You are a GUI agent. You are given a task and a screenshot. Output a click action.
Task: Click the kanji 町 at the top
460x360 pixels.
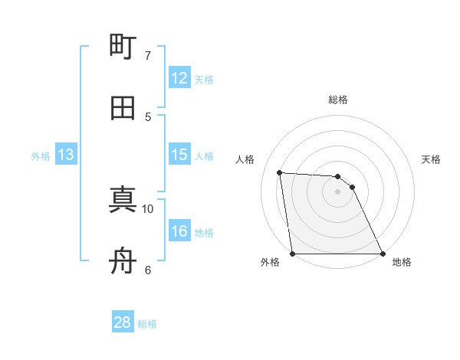tap(123, 47)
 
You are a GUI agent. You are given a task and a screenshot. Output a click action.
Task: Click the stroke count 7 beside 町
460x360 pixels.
tap(148, 56)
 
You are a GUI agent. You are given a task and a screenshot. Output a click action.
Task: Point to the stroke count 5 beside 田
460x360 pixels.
tap(148, 116)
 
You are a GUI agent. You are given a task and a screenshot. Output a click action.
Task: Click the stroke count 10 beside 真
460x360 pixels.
tap(148, 208)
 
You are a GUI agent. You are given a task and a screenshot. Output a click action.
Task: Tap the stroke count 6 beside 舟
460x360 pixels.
tap(148, 270)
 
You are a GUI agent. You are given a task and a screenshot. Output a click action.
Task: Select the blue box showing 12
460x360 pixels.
tap(179, 78)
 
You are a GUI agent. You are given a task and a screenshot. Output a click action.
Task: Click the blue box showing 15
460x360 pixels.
tap(179, 155)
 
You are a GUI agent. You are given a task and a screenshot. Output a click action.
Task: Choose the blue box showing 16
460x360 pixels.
tap(179, 231)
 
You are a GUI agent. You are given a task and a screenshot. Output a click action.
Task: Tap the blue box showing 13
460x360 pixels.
tap(66, 155)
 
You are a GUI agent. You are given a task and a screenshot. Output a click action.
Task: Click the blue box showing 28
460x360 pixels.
tap(123, 322)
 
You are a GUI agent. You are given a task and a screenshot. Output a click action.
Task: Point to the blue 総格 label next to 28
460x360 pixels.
tap(147, 324)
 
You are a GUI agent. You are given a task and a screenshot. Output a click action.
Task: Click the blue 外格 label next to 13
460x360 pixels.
tap(41, 156)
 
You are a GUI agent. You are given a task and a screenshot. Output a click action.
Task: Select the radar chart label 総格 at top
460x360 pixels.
tap(338, 100)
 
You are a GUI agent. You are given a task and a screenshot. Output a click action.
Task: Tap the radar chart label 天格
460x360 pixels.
tap(432, 159)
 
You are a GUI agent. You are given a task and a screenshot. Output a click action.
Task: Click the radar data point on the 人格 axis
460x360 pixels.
tap(280, 172)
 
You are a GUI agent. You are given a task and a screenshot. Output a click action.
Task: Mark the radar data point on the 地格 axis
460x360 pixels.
tap(382, 254)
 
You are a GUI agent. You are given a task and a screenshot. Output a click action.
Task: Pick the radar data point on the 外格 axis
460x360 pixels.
tap(293, 254)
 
